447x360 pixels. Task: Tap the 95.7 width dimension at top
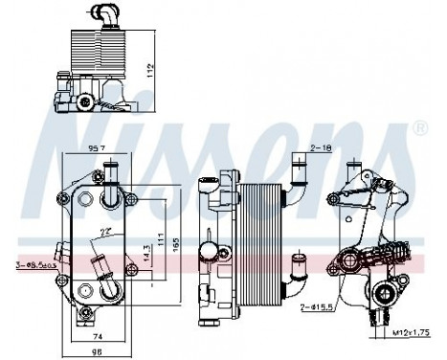96,148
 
